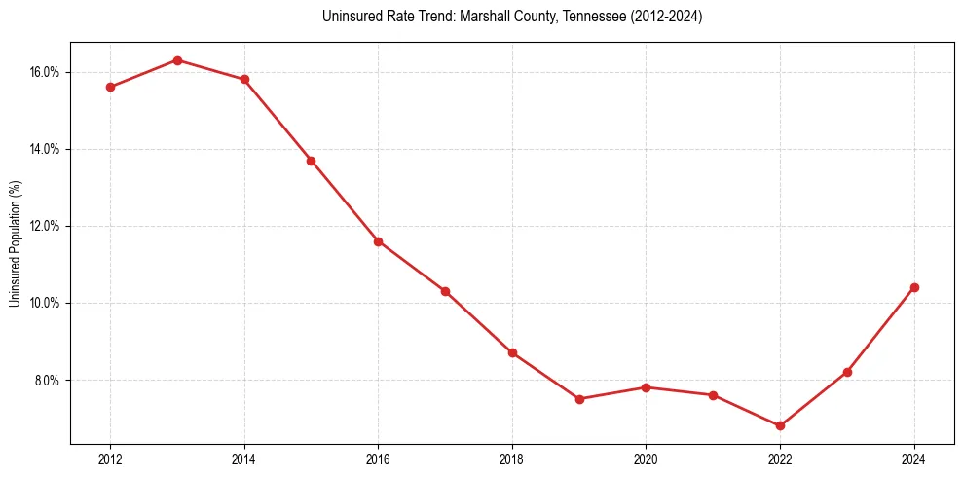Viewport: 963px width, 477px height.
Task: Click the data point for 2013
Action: coord(177,60)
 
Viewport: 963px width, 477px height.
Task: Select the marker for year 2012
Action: coord(110,87)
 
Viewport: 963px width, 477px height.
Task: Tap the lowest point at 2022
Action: coord(780,425)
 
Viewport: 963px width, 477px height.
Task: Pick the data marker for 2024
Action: coord(914,287)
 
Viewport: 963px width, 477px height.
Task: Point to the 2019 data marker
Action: coord(579,399)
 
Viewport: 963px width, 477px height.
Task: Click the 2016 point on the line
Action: coord(378,240)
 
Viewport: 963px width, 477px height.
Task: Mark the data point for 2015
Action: coord(311,161)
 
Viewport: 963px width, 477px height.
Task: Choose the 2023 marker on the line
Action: coord(847,372)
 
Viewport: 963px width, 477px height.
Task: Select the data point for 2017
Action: coord(445,291)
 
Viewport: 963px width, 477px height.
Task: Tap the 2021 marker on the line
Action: coord(713,395)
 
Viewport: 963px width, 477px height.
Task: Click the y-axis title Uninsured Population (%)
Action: coord(16,243)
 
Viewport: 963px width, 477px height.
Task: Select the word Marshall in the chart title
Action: coord(467,18)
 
